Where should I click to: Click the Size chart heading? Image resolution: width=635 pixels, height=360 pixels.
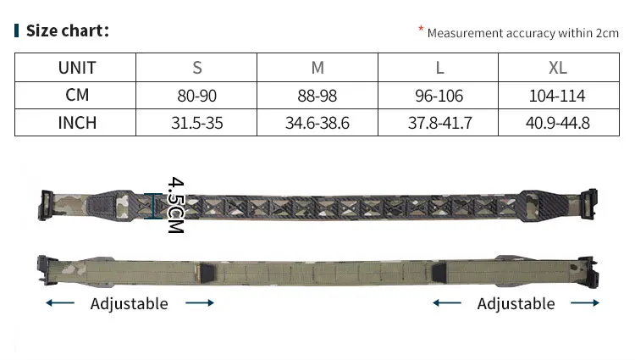(x=68, y=30)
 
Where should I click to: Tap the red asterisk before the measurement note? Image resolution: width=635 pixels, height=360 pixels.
(x=421, y=28)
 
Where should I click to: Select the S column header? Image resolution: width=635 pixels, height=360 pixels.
(x=196, y=68)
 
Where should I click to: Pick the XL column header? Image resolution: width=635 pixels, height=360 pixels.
(x=558, y=68)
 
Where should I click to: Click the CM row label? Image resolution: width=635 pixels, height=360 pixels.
(x=77, y=95)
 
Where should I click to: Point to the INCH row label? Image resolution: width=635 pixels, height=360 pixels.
(x=77, y=123)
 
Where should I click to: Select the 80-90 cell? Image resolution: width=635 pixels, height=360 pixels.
(x=196, y=96)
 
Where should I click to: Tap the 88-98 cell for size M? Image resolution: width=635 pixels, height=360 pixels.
(x=317, y=96)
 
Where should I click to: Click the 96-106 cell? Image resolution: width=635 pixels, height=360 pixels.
(x=439, y=96)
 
